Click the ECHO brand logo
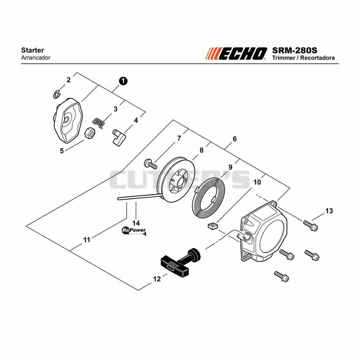point(236,54)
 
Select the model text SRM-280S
point(295,50)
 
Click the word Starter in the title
point(33,50)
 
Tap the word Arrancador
point(36,58)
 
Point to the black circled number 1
point(123,81)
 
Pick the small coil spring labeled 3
point(99,123)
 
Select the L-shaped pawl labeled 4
point(119,137)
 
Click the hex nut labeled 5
point(90,133)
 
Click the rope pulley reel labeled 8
point(176,180)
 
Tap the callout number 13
point(329,211)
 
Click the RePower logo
point(134,230)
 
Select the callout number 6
point(235,139)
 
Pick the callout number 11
point(87,240)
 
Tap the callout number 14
point(136,223)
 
